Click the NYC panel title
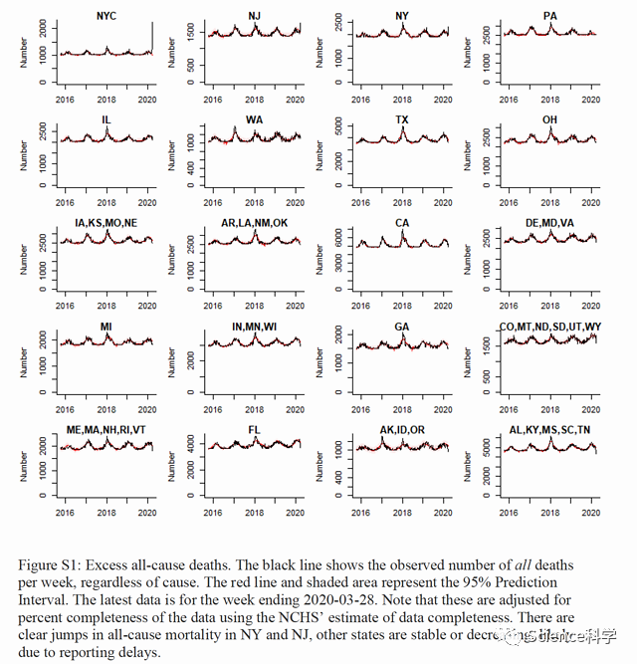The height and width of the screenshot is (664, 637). (x=105, y=16)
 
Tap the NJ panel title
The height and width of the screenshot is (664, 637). (x=255, y=16)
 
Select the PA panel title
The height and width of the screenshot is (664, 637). (x=550, y=16)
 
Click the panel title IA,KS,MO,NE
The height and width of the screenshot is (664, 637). (x=106, y=222)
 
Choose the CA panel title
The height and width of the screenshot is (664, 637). (x=402, y=222)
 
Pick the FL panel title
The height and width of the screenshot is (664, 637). (x=255, y=429)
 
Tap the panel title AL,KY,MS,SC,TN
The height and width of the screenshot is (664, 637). (x=550, y=429)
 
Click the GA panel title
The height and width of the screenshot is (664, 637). (x=402, y=326)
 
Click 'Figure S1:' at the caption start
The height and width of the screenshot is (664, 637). (x=49, y=565)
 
